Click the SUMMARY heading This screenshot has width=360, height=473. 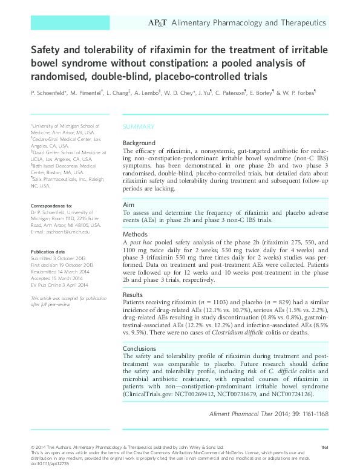click(139, 127)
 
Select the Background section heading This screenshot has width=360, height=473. click(139, 143)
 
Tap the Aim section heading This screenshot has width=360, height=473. click(129, 205)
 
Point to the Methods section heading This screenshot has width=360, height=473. click(136, 233)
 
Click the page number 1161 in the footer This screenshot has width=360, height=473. click(324, 447)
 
